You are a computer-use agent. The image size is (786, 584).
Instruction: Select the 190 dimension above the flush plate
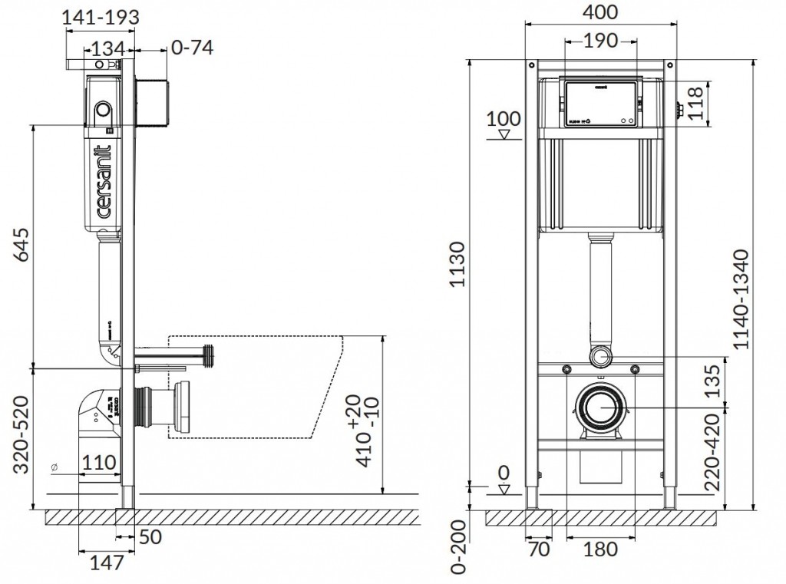(x=599, y=41)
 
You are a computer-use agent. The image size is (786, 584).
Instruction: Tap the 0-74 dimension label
(x=192, y=48)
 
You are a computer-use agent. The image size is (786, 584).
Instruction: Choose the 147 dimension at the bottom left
(x=107, y=563)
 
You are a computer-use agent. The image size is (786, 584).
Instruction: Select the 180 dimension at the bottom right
(x=600, y=549)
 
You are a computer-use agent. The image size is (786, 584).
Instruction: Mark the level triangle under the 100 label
(x=504, y=135)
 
